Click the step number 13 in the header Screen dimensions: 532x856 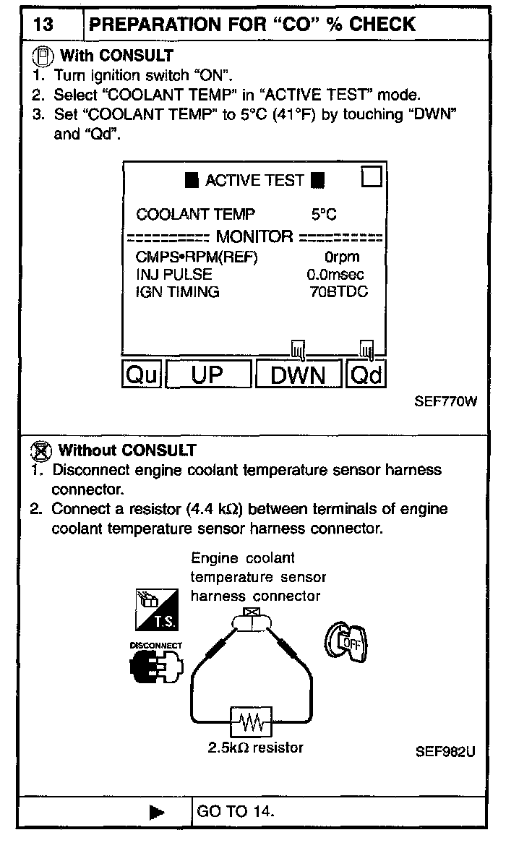pos(43,25)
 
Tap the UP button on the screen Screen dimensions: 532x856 pos(209,374)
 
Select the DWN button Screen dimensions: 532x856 pos(298,374)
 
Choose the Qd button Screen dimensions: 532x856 pos(365,374)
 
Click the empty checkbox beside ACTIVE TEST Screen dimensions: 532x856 pos(372,177)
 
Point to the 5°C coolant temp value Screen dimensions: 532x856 pos(323,215)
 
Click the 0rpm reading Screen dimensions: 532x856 pos(341,257)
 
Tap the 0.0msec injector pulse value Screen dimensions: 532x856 pos(335,275)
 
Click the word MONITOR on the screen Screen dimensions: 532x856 pos(254,236)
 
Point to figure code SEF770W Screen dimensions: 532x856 pos(446,402)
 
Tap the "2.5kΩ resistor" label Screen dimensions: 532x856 pos(255,748)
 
